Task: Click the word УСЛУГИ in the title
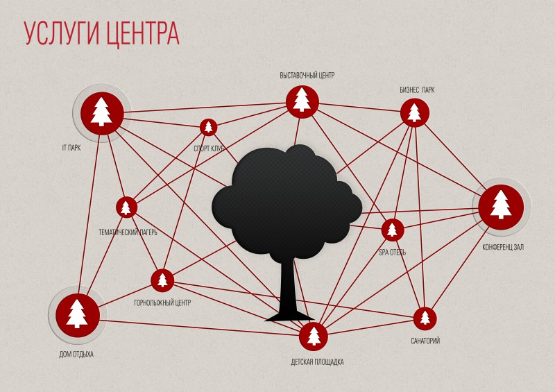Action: pos(60,33)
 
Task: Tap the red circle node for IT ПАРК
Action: pos(102,113)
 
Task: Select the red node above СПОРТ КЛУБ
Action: pos(209,127)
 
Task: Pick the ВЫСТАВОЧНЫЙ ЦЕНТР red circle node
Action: pos(302,101)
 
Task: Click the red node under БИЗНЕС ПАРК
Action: pos(414,113)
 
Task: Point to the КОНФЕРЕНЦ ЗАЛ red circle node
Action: pos(501,207)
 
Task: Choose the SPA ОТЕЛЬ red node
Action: pos(393,230)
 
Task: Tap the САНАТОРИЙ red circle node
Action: pos(425,318)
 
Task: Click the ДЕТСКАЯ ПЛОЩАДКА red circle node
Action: pos(314,336)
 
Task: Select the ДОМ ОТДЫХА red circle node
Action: pos(78,315)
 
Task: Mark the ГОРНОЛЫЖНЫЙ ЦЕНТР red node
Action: pos(162,280)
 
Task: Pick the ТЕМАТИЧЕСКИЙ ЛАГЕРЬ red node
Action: pos(126,207)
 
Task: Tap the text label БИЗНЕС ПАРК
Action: pos(417,90)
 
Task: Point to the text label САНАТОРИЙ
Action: pos(425,341)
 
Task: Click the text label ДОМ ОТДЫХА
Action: pos(76,354)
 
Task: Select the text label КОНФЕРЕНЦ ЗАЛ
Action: pos(503,247)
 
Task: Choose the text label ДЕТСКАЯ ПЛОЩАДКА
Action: pos(317,362)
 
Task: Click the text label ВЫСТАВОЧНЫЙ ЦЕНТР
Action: pos(307,76)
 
